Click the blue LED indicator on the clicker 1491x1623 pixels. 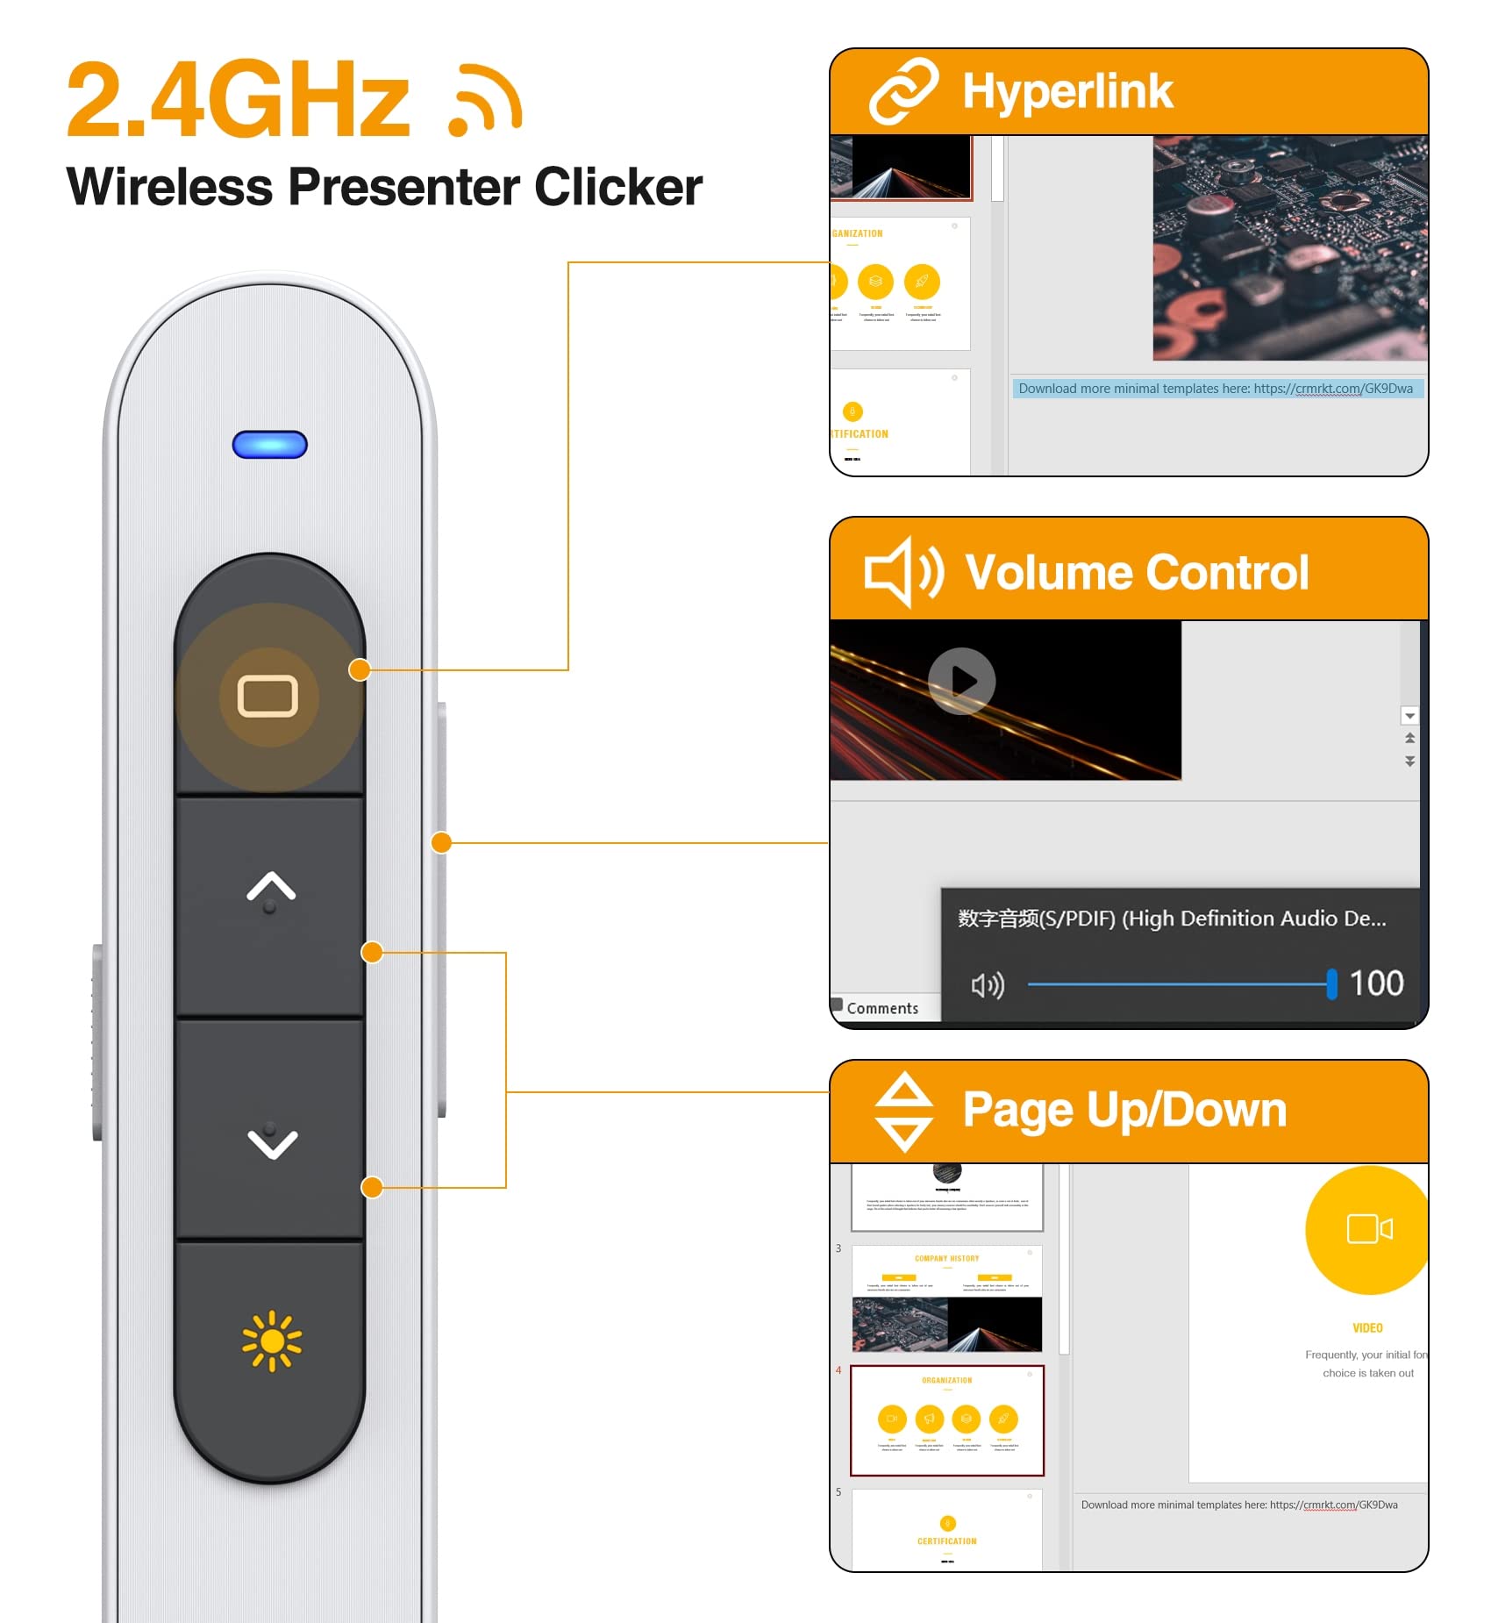pyautogui.click(x=269, y=445)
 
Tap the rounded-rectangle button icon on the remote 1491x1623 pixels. pyautogui.click(x=268, y=697)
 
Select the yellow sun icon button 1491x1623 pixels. pyautogui.click(x=272, y=1340)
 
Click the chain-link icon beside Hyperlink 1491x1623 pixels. pyautogui.click(x=903, y=91)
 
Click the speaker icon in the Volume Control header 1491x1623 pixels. pyautogui.click(x=903, y=572)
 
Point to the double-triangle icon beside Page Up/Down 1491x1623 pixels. pyautogui.click(x=904, y=1111)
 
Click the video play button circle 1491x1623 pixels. pyautogui.click(x=962, y=681)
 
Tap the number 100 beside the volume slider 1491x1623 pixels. pyautogui.click(x=1376, y=983)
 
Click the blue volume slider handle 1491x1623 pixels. pyautogui.click(x=1331, y=984)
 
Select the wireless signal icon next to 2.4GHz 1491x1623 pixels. pyautogui.click(x=486, y=101)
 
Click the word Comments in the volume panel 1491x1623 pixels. pyautogui.click(x=882, y=1009)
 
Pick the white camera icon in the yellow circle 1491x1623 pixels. pyautogui.click(x=1369, y=1229)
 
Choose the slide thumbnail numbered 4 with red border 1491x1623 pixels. pyautogui.click(x=947, y=1420)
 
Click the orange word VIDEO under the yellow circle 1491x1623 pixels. pyautogui.click(x=1367, y=1328)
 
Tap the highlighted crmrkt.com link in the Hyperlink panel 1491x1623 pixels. pyautogui.click(x=1333, y=389)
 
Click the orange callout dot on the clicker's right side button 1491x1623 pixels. pyautogui.click(x=441, y=843)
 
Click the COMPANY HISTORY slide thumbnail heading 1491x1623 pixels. pyautogui.click(x=946, y=1259)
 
